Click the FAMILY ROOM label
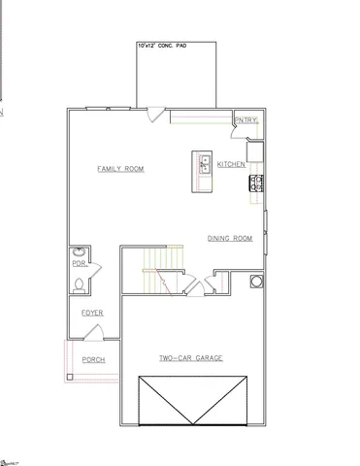click(x=120, y=169)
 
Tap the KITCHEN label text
click(x=232, y=163)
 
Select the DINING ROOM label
click(x=230, y=238)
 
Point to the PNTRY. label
click(x=245, y=120)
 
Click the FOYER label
click(x=92, y=313)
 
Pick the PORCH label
click(x=93, y=359)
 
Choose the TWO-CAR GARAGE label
click(x=191, y=358)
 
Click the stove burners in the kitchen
click(x=257, y=182)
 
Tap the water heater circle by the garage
click(x=256, y=282)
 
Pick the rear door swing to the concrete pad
click(x=152, y=114)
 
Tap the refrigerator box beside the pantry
click(x=255, y=150)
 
